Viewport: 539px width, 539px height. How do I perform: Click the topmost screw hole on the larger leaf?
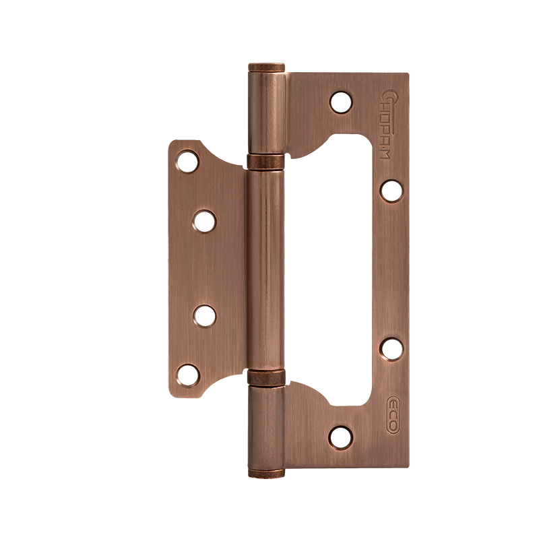click(x=342, y=102)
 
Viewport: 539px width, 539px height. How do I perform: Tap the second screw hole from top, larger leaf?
click(x=391, y=190)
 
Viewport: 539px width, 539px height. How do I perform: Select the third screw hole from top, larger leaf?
click(x=391, y=348)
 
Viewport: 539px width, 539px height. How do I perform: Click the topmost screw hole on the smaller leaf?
click(x=188, y=162)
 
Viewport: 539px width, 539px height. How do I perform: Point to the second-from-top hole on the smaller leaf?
click(x=205, y=221)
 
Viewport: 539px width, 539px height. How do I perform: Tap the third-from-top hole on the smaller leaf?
click(x=205, y=315)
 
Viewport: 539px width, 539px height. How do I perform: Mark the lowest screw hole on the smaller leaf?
click(x=188, y=375)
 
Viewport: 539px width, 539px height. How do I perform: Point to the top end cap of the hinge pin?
click(x=267, y=67)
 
